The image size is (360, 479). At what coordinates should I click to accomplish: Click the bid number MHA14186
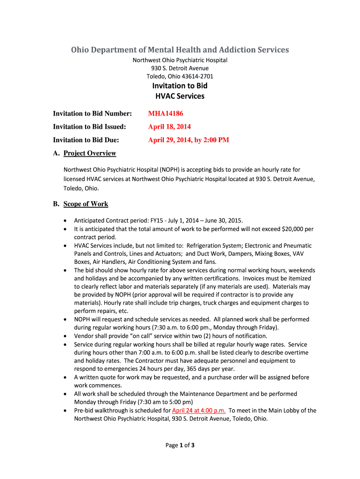pos(165,113)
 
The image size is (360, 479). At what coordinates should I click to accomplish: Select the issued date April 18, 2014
pos(169,126)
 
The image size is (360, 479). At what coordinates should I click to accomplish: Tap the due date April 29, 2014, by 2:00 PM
pos(188,140)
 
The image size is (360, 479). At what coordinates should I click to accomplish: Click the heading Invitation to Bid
pos(180,86)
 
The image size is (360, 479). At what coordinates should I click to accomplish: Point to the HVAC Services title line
pos(180,96)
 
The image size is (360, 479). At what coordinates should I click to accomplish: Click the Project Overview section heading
pos(90,153)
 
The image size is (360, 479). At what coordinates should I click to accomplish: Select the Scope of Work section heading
pos(86,204)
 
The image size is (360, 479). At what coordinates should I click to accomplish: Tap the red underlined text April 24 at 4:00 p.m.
pos(199,410)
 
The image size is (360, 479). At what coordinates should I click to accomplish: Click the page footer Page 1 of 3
pos(180,445)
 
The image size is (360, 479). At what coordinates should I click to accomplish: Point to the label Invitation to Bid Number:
pos(92,113)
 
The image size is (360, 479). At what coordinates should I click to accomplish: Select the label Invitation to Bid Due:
pos(86,140)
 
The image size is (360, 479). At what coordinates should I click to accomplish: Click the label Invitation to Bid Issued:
pos(89,126)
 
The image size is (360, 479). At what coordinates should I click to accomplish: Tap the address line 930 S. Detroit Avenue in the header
pos(180,68)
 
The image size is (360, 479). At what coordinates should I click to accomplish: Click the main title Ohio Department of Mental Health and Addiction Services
pos(180,50)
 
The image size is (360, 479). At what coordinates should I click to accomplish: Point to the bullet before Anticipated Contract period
pos(64,221)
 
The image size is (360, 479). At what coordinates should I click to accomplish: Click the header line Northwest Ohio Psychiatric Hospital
pos(180,60)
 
